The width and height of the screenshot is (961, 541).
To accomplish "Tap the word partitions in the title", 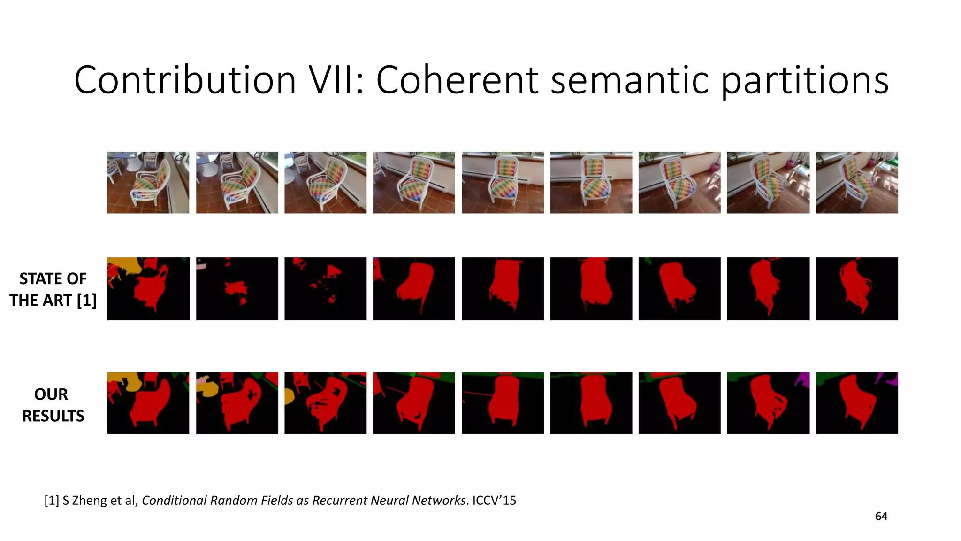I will (x=804, y=81).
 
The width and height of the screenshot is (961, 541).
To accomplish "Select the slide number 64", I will (x=881, y=517).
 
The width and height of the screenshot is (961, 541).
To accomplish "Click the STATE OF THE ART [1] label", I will (x=53, y=289).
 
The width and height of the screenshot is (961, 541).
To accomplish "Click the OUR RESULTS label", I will (x=53, y=404).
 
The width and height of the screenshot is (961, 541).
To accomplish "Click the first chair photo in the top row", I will (x=148, y=182).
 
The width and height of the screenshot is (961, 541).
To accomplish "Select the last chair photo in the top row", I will (x=856, y=182).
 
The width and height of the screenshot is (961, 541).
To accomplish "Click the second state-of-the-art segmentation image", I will (x=236, y=288).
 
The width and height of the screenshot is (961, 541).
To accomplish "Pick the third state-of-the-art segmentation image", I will (x=325, y=288).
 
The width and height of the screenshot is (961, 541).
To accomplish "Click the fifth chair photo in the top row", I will (x=503, y=182).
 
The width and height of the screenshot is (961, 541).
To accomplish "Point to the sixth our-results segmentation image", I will (x=591, y=403).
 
